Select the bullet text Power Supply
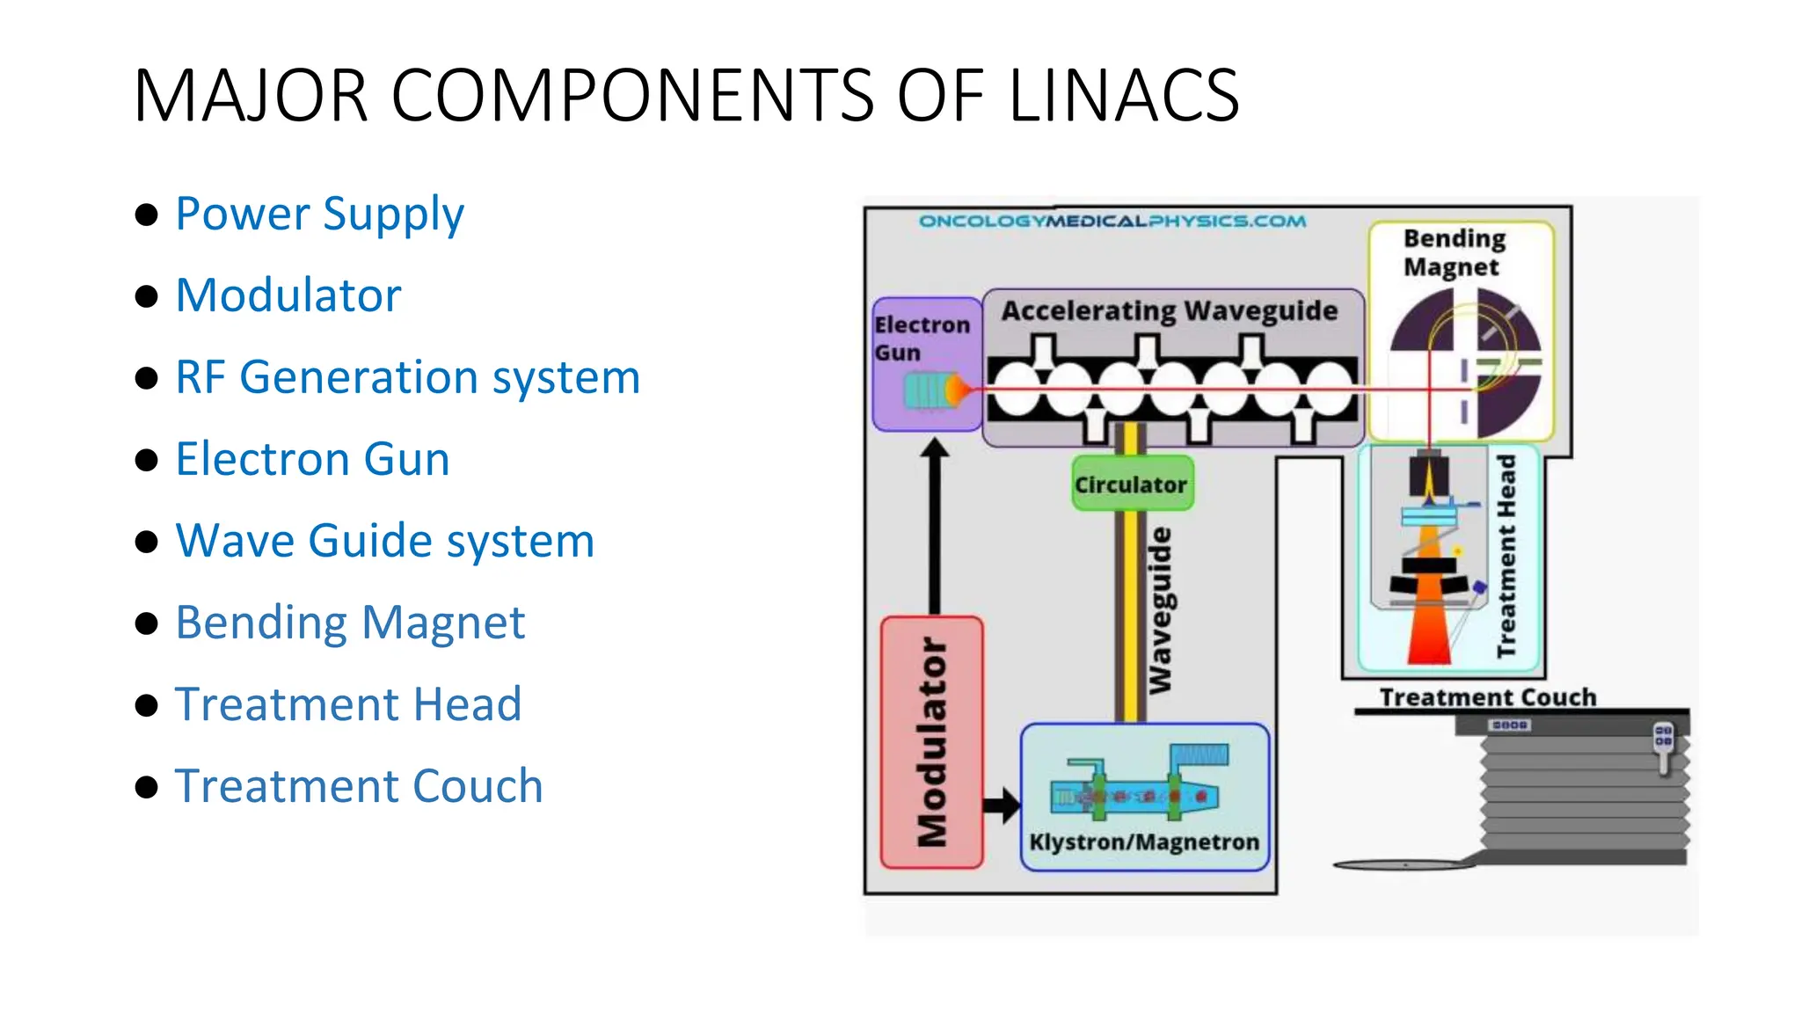(319, 214)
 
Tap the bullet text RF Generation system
(407, 377)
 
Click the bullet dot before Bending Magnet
(147, 623)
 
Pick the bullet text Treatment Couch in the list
(359, 786)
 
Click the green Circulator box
(1132, 485)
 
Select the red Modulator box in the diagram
(932, 742)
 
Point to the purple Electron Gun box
(925, 364)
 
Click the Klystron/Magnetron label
(1144, 842)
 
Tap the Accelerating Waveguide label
(1170, 310)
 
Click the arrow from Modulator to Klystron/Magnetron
(1002, 804)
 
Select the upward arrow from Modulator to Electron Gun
(935, 528)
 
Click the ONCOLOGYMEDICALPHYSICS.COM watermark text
(1112, 221)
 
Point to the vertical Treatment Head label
(1506, 556)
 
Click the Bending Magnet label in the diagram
(1454, 252)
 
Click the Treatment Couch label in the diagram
(1487, 697)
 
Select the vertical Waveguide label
(1162, 609)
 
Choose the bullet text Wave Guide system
(384, 541)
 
